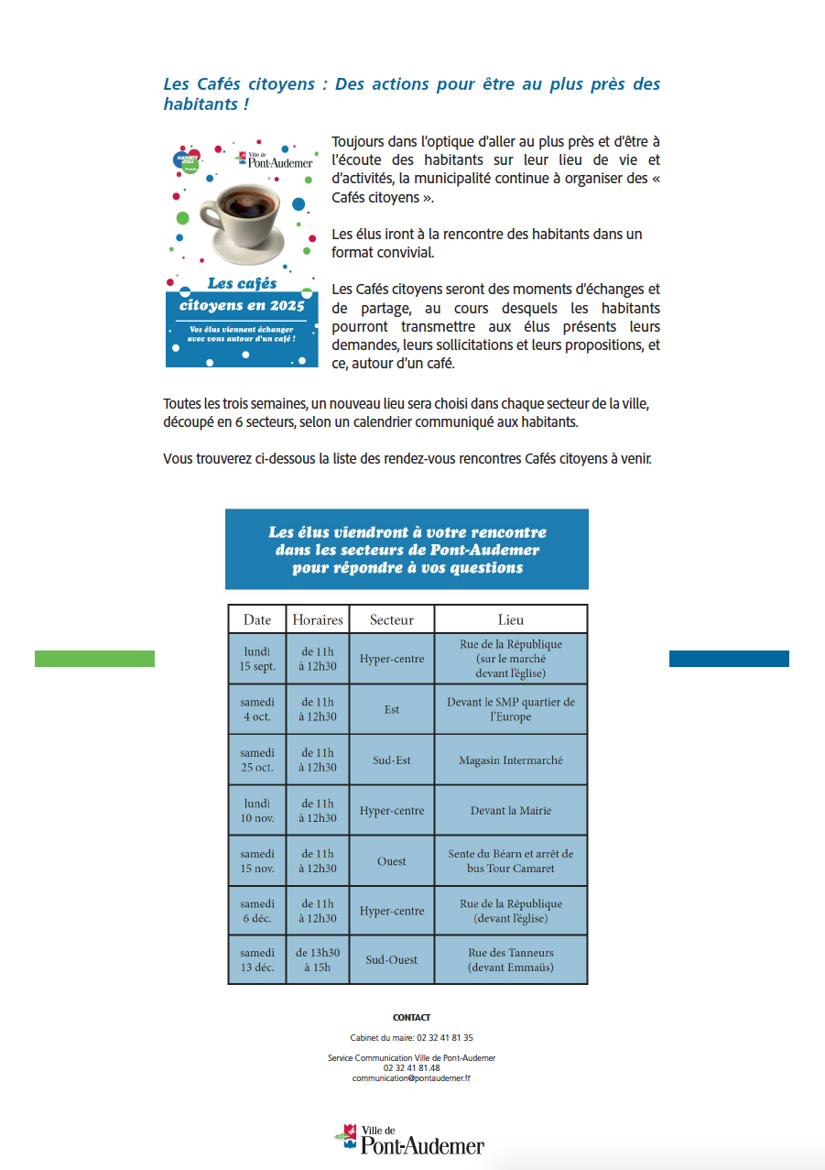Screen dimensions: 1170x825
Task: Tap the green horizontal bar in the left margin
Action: click(x=94, y=658)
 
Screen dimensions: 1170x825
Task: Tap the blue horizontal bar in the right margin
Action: click(x=729, y=658)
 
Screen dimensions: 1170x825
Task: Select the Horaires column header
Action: click(x=318, y=619)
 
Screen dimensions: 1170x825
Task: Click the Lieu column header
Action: click(x=511, y=619)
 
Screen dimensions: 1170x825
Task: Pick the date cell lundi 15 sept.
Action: click(x=257, y=659)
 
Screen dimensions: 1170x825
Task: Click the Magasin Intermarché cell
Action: click(x=511, y=760)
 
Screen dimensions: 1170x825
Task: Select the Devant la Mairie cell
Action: click(x=511, y=810)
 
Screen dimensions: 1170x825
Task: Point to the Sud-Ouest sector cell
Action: click(x=392, y=959)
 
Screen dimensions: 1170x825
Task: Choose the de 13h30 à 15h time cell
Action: click(x=318, y=959)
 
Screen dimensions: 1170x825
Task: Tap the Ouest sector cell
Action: click(x=392, y=860)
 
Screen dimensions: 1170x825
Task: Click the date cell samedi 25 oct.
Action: click(x=257, y=760)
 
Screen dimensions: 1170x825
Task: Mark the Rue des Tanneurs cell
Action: click(x=511, y=959)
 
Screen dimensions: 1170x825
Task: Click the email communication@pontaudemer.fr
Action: click(x=411, y=1078)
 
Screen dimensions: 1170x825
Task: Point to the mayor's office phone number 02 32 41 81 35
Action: click(x=445, y=1038)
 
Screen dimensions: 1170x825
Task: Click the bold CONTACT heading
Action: click(x=411, y=1017)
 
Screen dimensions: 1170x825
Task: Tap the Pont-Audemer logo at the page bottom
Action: click(x=409, y=1139)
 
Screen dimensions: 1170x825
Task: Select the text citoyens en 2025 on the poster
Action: click(x=242, y=305)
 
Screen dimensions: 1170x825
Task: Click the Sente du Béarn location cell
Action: click(x=511, y=860)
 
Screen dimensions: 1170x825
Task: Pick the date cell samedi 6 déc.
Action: click(x=257, y=911)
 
